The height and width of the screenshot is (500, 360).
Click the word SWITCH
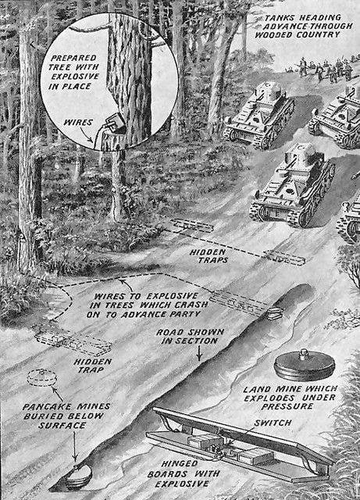[273, 423]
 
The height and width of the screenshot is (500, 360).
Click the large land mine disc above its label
[305, 366]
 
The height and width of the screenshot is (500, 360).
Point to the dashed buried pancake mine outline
[41, 378]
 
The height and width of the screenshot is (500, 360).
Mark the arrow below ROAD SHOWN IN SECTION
[199, 353]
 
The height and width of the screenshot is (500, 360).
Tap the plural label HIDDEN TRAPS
[209, 256]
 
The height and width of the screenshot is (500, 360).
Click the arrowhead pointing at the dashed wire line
[120, 281]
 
